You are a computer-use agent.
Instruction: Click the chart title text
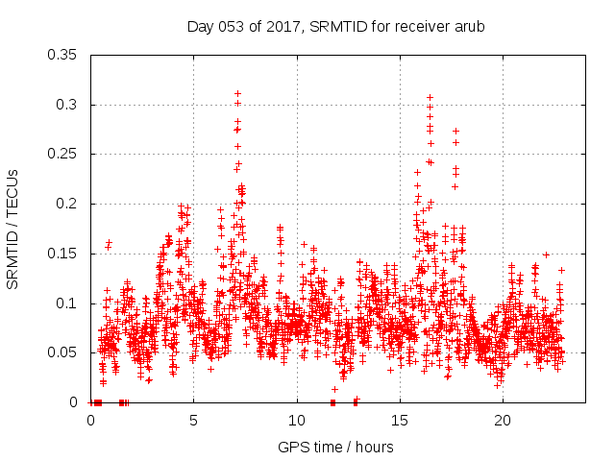(x=335, y=26)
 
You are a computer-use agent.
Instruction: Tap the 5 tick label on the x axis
(x=193, y=421)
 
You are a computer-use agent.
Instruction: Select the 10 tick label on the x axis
(x=296, y=421)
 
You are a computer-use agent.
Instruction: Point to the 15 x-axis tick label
(x=399, y=421)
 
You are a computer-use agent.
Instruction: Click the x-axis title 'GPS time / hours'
(x=335, y=447)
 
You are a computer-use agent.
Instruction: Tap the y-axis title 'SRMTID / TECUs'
(x=13, y=229)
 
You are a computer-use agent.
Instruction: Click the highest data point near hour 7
(x=237, y=94)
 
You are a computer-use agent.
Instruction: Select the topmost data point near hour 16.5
(x=430, y=97)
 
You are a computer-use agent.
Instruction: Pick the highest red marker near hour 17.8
(x=455, y=131)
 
